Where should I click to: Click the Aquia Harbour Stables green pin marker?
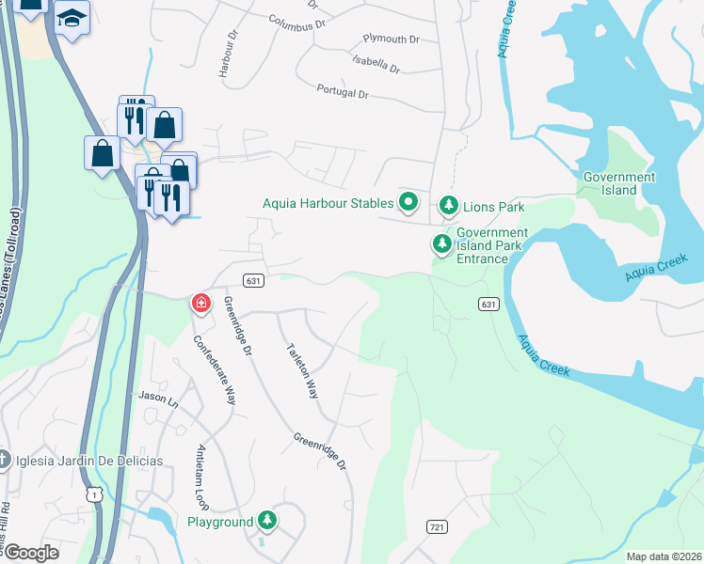(408, 202)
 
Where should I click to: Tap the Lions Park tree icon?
(449, 206)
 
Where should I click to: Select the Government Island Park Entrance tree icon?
(441, 245)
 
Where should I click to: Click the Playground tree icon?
(268, 521)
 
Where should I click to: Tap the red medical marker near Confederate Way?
(201, 303)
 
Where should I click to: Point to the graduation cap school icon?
(71, 19)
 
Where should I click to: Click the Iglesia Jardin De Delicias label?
(89, 461)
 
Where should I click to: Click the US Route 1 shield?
(92, 494)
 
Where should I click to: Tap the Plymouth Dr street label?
(392, 39)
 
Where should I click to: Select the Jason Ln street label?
(158, 399)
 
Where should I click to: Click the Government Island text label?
(619, 183)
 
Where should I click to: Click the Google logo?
(30, 553)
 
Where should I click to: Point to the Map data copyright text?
(663, 556)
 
